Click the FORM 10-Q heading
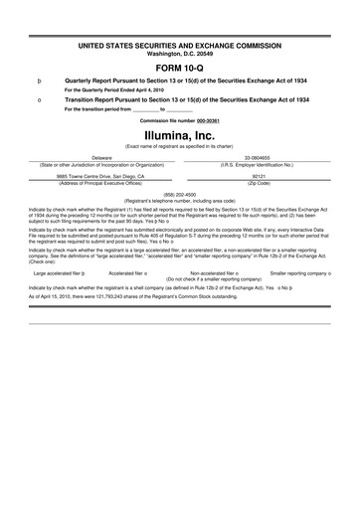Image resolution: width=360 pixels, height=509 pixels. coord(180,68)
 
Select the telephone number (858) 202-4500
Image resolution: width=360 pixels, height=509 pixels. coord(179,195)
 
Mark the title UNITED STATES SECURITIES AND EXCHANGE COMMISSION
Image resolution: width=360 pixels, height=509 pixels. coord(180,46)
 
